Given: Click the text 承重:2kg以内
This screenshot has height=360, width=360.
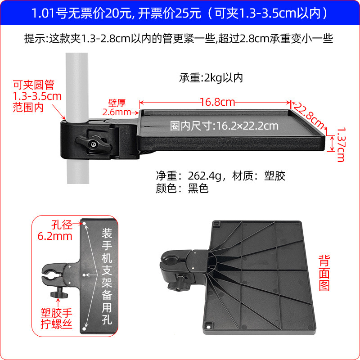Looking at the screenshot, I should coord(211,78).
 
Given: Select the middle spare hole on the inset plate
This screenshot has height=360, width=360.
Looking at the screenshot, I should coord(84,274).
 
